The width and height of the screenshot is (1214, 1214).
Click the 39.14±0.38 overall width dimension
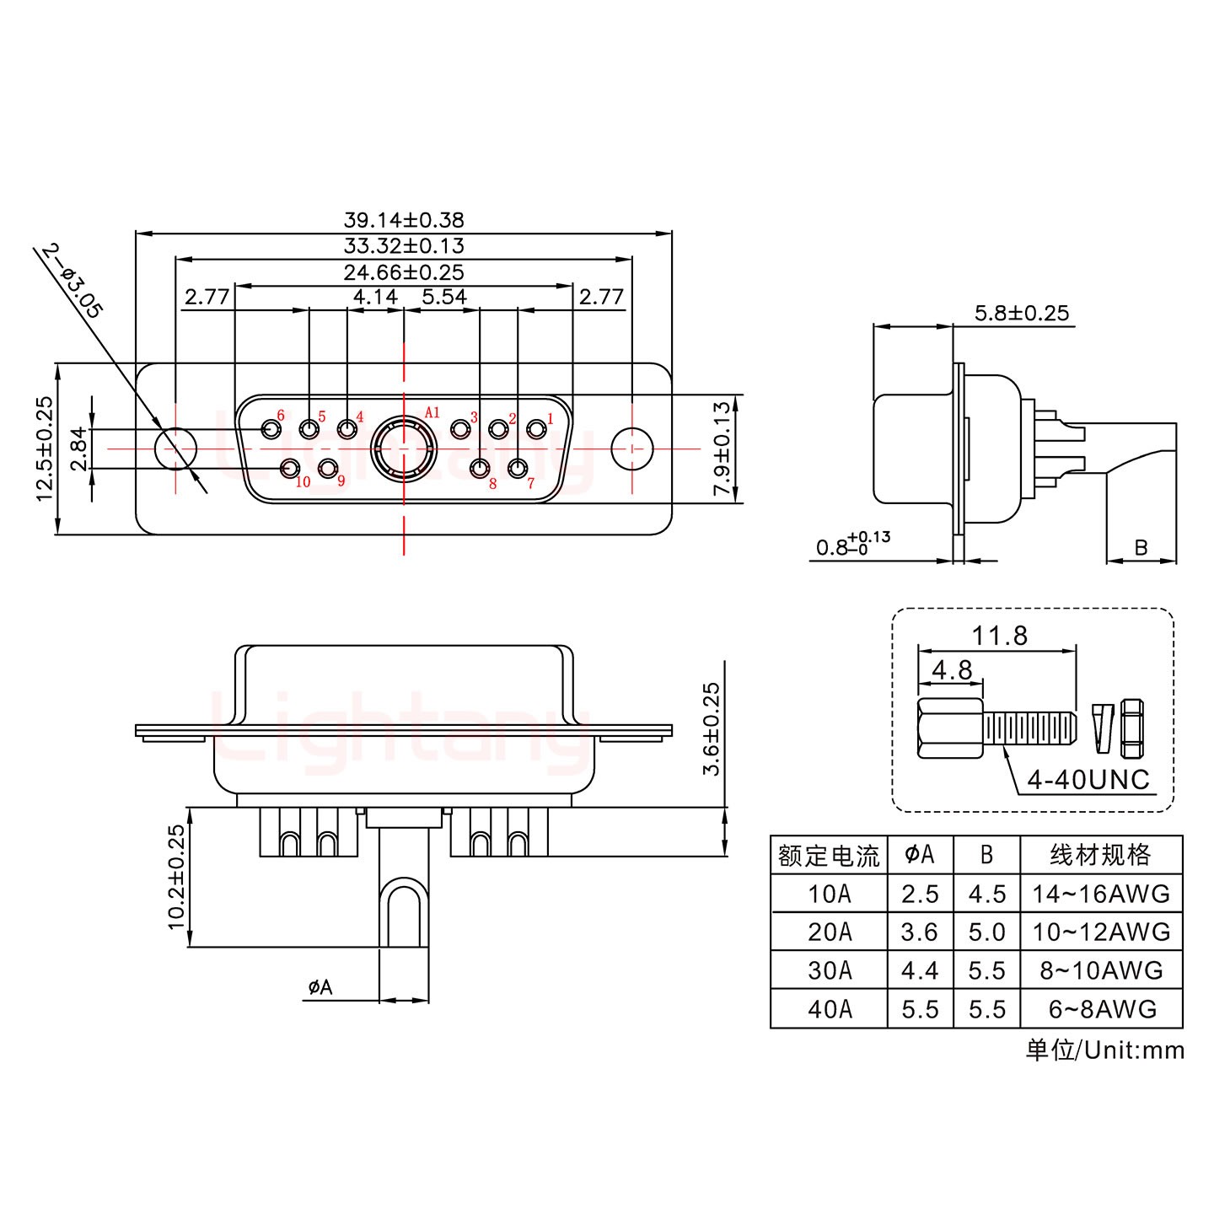[403, 220]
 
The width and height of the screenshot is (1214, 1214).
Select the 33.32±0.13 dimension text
[403, 246]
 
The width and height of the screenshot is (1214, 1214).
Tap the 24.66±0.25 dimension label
[403, 272]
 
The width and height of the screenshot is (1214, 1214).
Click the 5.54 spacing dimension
[443, 298]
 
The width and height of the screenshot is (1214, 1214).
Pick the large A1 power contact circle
[404, 449]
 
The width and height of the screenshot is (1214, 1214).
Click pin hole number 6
[271, 430]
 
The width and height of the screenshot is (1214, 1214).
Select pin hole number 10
[290, 467]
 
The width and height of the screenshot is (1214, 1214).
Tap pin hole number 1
[536, 430]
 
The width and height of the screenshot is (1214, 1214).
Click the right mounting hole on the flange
[631, 449]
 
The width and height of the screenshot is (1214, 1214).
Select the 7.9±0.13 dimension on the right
[722, 449]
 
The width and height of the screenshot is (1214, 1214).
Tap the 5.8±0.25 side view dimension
[1021, 314]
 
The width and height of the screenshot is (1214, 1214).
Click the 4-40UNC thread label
[1088, 780]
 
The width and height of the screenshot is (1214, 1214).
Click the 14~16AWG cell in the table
[1101, 894]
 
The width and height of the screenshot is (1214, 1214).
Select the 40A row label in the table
[830, 1009]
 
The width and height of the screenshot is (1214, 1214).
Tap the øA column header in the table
[920, 855]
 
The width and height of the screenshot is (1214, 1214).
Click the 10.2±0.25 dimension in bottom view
[175, 877]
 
